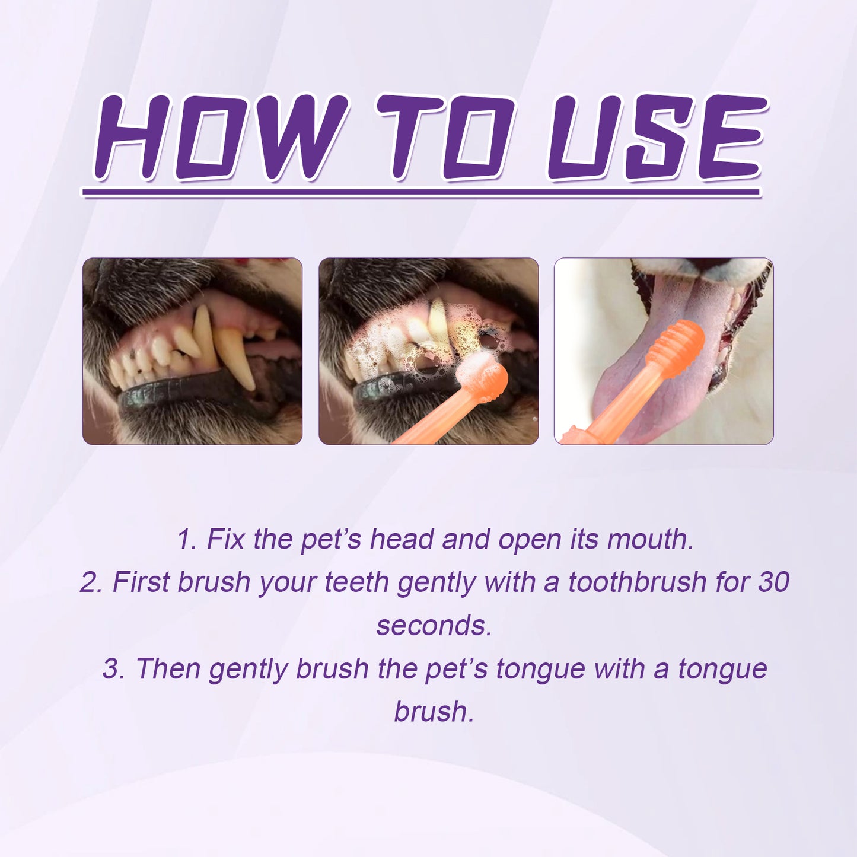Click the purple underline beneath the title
421,192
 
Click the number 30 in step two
773,582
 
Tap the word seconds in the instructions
434,625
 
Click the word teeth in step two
358,582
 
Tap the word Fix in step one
225,539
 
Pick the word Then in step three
168,668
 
